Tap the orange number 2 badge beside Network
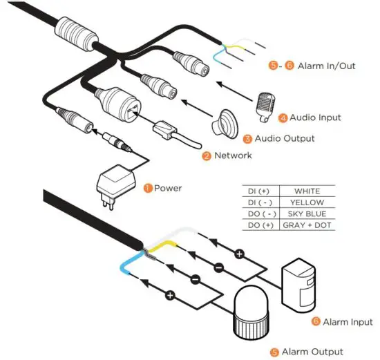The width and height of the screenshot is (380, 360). pos(206,156)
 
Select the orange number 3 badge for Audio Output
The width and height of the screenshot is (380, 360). pos(247,139)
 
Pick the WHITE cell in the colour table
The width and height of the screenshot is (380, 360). pos(307,191)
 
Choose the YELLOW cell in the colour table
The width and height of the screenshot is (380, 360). pos(307,202)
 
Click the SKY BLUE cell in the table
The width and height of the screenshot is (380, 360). pos(307,214)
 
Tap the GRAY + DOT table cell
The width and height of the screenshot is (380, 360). pos(307,226)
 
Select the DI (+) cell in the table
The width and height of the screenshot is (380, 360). pos(259,191)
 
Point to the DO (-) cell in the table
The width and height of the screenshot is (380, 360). pos(259,214)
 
